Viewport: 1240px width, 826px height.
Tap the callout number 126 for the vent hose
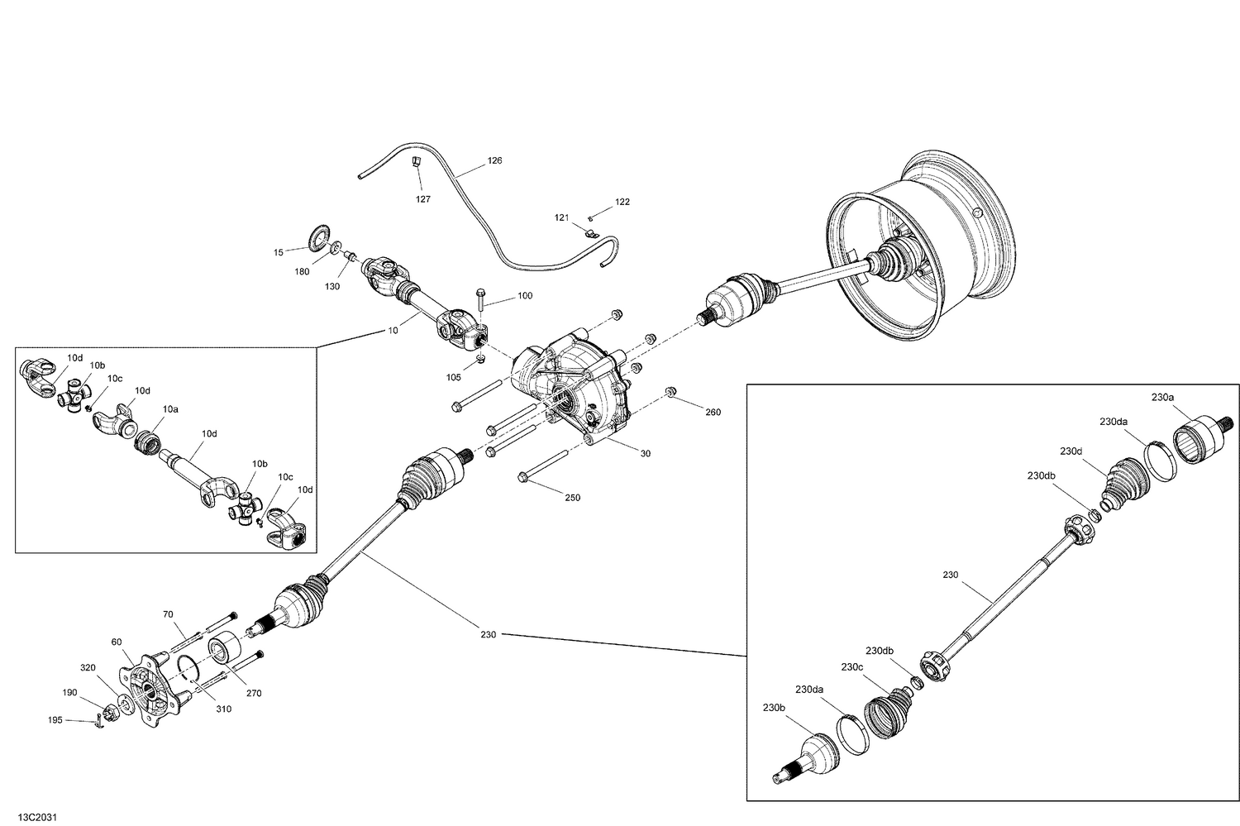tap(494, 160)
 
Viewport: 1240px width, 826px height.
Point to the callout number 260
tap(712, 412)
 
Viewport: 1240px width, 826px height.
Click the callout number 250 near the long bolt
tap(572, 498)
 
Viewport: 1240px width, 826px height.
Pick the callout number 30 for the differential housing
tap(646, 452)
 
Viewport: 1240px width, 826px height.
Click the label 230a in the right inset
tap(1161, 397)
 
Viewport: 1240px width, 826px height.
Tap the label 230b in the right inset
tap(773, 707)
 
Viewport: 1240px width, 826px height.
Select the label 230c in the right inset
tap(852, 666)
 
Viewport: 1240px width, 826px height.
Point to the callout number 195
tap(55, 720)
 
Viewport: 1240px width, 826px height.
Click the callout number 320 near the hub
tap(88, 668)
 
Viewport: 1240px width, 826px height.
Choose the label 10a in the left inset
tap(170, 408)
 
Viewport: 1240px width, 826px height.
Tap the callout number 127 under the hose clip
tap(422, 198)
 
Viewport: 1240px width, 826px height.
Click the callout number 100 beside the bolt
tap(525, 295)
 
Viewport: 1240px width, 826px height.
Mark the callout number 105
tap(453, 377)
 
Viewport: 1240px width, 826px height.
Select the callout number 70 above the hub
tap(168, 614)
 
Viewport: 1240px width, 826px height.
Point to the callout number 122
tap(622, 202)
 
